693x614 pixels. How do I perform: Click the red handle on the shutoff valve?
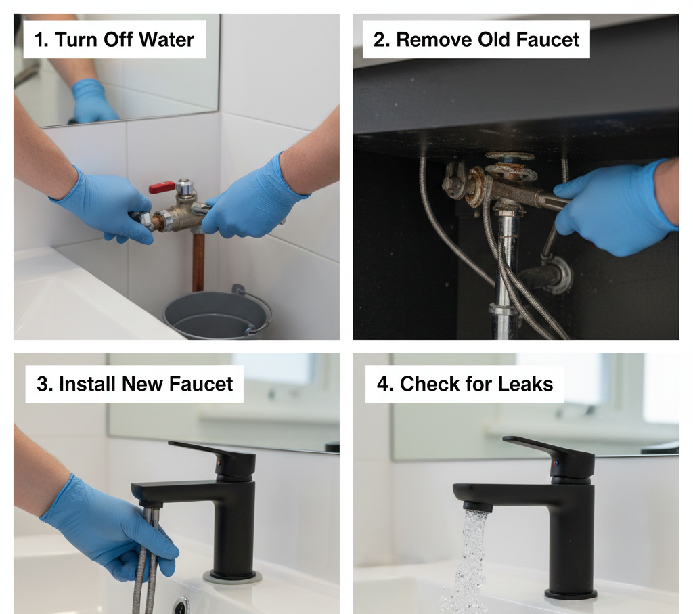point(162,187)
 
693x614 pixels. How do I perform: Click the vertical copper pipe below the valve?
point(198,261)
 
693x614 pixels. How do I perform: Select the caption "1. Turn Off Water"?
point(114,39)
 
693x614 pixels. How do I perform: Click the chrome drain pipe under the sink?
point(505,271)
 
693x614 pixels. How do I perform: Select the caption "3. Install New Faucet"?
point(135,384)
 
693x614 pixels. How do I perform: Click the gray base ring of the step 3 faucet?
point(232,577)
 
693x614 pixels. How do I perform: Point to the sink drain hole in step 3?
point(181,604)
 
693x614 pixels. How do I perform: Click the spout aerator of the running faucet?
point(477,506)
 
